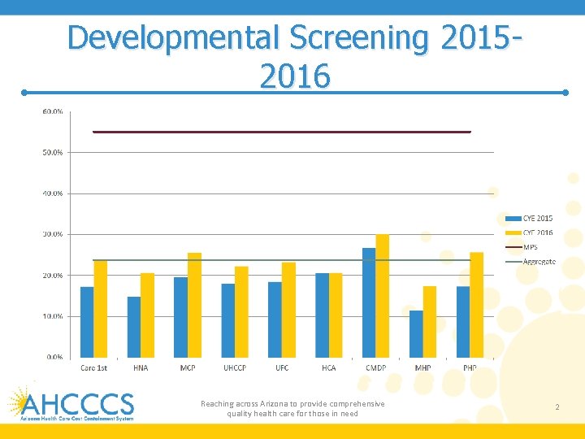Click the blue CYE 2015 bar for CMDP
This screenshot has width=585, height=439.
(369, 302)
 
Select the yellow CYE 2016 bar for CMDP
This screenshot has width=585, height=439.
(382, 296)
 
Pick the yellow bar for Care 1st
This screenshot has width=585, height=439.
(100, 309)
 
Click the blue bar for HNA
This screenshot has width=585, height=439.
(134, 327)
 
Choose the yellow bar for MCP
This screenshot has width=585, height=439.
(194, 305)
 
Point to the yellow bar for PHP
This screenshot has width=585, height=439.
(476, 305)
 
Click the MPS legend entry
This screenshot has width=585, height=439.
(529, 247)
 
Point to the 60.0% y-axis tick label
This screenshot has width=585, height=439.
(53, 111)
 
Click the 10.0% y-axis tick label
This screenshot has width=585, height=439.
(53, 316)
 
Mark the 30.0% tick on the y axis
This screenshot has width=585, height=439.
(53, 234)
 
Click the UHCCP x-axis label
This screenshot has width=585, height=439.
(235, 368)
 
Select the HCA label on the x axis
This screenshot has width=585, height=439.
(328, 368)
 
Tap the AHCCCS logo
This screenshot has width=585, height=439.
(71, 403)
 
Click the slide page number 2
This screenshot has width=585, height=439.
(557, 406)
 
